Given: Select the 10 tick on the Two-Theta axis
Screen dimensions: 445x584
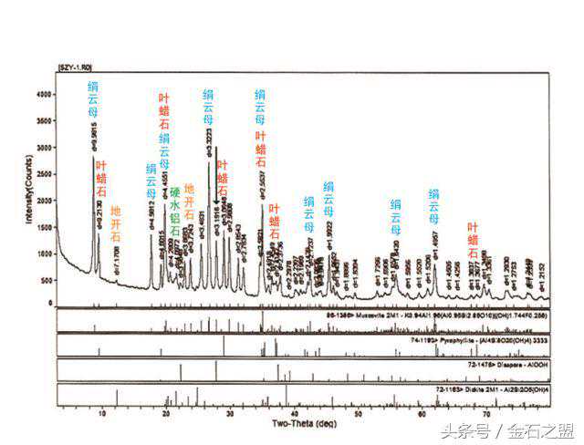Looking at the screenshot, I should [x=102, y=412].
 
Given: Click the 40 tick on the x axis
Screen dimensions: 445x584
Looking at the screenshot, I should [x=294, y=412].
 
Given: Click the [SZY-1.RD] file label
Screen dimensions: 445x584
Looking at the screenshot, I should [x=77, y=67].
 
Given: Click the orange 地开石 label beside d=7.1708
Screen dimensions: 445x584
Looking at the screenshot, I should [x=116, y=223].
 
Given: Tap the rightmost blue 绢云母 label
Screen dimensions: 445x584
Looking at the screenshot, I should [x=434, y=206].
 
